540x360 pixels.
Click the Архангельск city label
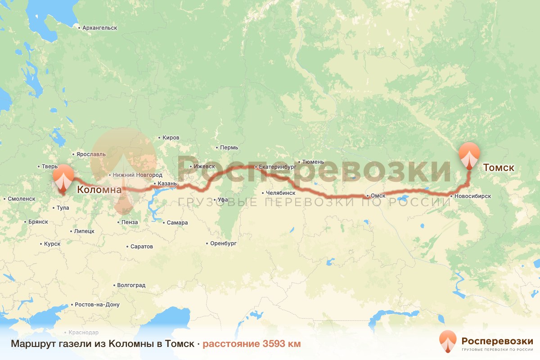click(x=99, y=28)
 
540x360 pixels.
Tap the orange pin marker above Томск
click(x=469, y=154)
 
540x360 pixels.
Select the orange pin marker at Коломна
click(x=63, y=178)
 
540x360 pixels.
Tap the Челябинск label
click(x=280, y=193)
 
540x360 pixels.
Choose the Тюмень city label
click(x=313, y=162)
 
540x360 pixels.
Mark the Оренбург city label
click(x=223, y=243)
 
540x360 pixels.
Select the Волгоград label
click(x=130, y=285)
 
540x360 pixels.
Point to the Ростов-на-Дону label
click(x=97, y=305)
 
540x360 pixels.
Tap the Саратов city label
click(x=141, y=247)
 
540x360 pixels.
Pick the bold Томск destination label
click(x=498, y=168)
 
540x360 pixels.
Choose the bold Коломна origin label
click(x=99, y=190)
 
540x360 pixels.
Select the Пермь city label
click(x=229, y=148)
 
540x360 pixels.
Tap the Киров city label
click(x=171, y=138)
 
